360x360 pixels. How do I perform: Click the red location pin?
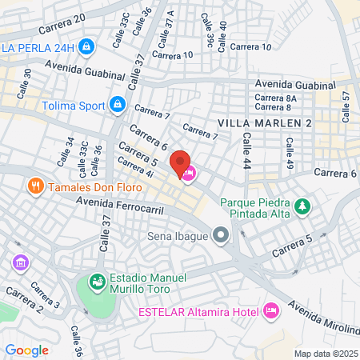tap(181, 161)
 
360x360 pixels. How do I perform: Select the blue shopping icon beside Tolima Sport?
tap(118, 104)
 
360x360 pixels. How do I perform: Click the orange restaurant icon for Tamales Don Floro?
tap(35, 187)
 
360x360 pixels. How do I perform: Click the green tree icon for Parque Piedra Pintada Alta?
tap(302, 207)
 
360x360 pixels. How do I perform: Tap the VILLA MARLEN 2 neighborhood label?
tap(264, 122)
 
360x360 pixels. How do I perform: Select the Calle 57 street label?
tap(346, 106)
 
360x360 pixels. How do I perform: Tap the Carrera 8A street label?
tap(276, 98)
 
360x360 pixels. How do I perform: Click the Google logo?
tap(26, 350)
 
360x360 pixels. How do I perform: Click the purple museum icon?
tap(20, 262)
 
